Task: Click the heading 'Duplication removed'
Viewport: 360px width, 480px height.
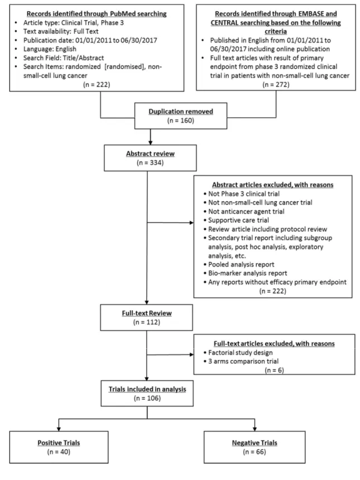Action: pos(181,112)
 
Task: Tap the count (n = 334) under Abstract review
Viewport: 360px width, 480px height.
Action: pos(150,162)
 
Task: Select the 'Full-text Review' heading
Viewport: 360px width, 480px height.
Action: pos(147,313)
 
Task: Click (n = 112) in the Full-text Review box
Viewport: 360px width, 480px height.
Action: pos(147,322)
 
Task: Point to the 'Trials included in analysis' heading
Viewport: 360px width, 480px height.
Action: pos(147,389)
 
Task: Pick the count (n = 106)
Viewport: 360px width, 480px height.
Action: pos(147,398)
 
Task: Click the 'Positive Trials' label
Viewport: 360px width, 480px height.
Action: pos(59,443)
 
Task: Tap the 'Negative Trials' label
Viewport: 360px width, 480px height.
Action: pos(255,443)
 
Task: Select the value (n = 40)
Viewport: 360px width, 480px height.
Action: pos(59,452)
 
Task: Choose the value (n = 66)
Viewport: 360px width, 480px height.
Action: pos(255,452)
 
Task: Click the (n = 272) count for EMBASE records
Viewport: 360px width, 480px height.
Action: pos(276,84)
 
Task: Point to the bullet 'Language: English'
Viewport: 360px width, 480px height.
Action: pos(50,49)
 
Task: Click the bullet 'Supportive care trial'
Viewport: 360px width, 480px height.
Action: pos(238,220)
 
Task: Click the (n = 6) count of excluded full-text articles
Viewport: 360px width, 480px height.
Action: pos(274,370)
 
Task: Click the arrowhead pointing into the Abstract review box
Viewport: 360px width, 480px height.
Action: pos(150,142)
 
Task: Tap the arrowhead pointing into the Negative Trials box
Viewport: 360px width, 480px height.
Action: pos(255,429)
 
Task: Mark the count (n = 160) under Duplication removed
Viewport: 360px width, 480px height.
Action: pos(181,121)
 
